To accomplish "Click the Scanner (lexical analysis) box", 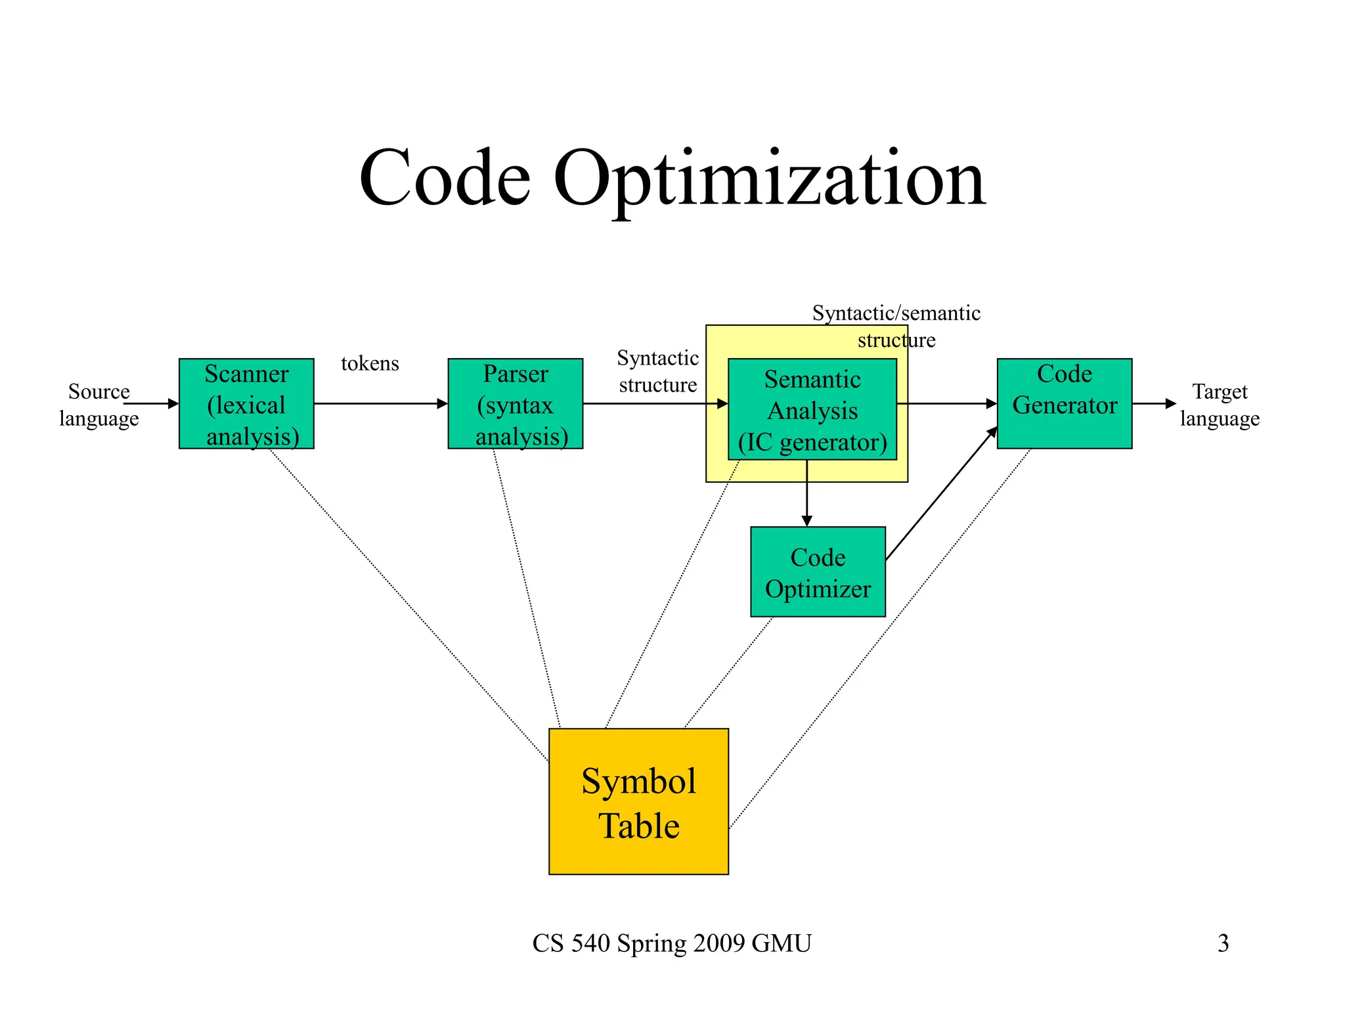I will tap(246, 404).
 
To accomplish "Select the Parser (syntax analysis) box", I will tap(515, 404).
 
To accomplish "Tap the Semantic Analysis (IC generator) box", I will tap(812, 410).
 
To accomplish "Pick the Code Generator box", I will tap(1064, 403).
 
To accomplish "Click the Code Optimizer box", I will tap(818, 572).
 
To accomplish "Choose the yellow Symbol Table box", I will tap(638, 801).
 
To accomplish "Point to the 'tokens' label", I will tap(370, 363).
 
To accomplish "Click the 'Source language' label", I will tap(99, 405).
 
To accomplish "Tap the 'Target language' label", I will tap(1220, 405).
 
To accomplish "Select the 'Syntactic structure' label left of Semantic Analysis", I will tap(657, 371).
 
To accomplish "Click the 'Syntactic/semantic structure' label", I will tap(896, 326).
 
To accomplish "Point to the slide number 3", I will tap(1223, 943).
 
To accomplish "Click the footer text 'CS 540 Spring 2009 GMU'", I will tap(672, 943).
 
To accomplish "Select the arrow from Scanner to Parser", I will tap(381, 404).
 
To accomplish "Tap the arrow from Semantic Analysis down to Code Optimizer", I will tap(807, 493).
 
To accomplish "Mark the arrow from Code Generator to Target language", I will tap(1154, 403).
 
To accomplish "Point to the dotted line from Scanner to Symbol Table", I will tap(407, 604).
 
